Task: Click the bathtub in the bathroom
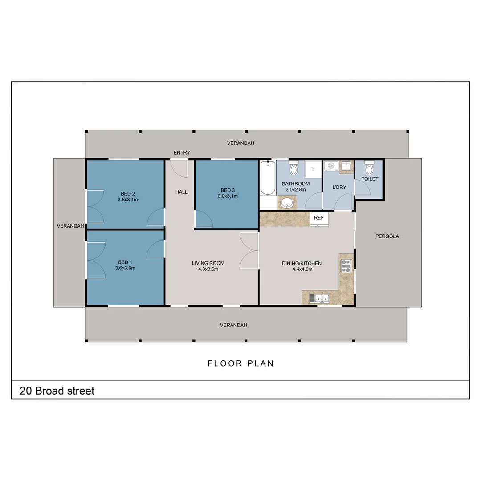[268, 178]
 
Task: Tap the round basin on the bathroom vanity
[286, 203]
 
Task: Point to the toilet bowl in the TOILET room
[368, 169]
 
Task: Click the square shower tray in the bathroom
[313, 169]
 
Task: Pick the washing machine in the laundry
[330, 167]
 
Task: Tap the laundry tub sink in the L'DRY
[346, 167]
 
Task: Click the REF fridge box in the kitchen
[319, 218]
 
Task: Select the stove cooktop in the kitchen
[346, 266]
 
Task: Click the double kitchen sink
[320, 298]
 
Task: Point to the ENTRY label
[182, 153]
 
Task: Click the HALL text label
[181, 192]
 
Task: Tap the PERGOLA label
[387, 236]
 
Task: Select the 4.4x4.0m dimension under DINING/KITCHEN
[302, 269]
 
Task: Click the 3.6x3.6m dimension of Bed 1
[125, 268]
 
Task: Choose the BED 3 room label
[227, 190]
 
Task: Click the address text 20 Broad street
[57, 391]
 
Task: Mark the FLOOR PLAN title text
[240, 363]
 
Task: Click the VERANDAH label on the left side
[70, 226]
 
